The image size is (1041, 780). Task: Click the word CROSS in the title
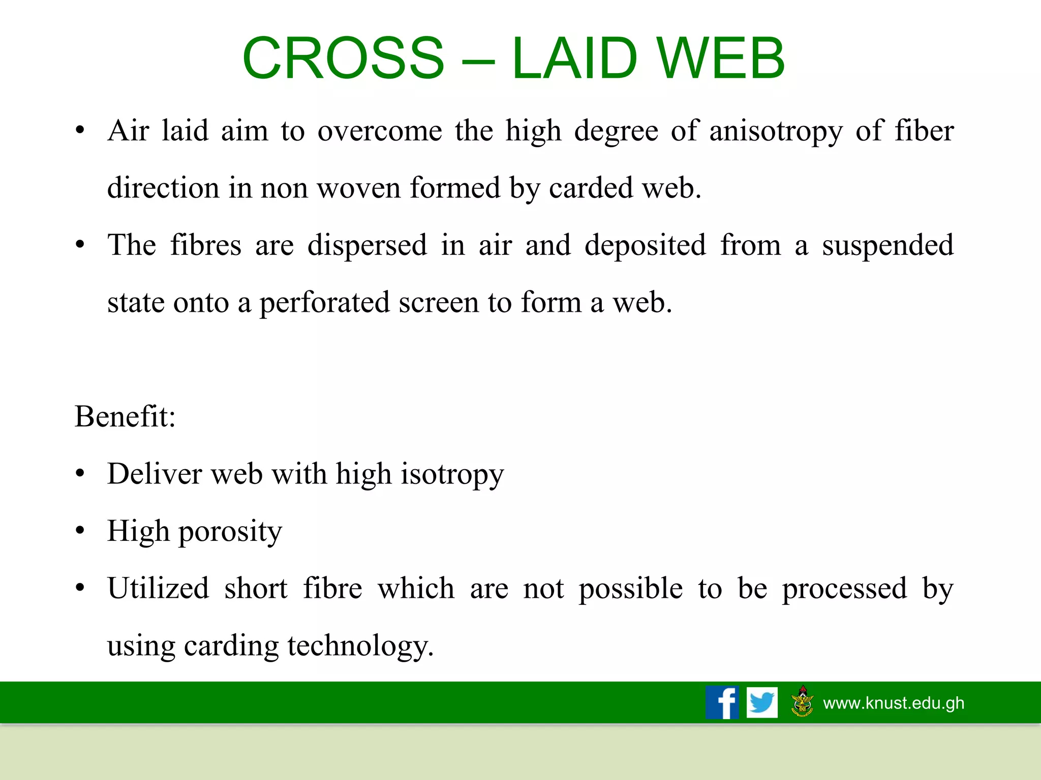344,58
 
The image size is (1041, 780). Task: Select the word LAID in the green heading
574,58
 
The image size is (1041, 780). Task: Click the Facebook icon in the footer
722,702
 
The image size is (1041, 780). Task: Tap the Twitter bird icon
762,702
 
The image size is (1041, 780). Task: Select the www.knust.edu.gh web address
893,703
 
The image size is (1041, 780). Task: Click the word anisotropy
776,132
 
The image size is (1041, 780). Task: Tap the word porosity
230,532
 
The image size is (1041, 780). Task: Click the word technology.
360,646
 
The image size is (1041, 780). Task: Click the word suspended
887,246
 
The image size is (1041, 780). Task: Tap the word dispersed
367,246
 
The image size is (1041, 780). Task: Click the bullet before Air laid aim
80,132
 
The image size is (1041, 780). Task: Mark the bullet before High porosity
80,531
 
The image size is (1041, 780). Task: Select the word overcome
380,131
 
